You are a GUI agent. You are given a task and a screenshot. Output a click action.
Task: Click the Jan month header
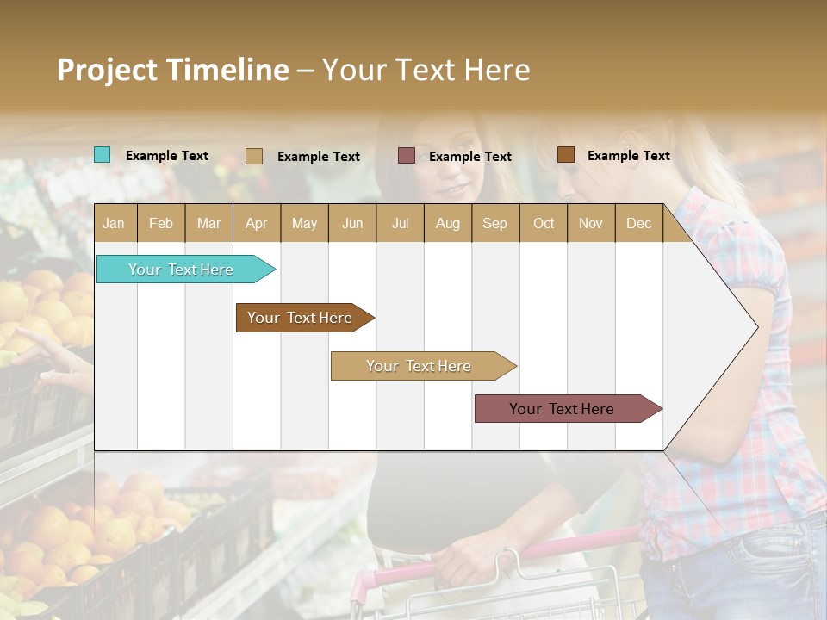pyautogui.click(x=114, y=224)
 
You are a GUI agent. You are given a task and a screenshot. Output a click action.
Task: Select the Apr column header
pyautogui.click(x=257, y=224)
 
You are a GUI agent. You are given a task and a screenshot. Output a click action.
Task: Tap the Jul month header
pyautogui.click(x=400, y=224)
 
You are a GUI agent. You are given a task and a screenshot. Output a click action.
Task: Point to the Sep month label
pyautogui.click(x=494, y=224)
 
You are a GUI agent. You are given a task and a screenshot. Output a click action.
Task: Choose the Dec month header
pyautogui.click(x=638, y=224)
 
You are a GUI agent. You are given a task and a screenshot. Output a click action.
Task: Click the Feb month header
pyautogui.click(x=161, y=224)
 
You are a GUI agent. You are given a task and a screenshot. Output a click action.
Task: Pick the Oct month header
pyautogui.click(x=544, y=224)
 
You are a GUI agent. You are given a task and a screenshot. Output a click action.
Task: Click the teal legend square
pyautogui.click(x=102, y=155)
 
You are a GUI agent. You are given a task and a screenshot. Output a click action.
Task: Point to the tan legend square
pyautogui.click(x=254, y=156)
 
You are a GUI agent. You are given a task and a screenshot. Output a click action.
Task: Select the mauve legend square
pyautogui.click(x=407, y=156)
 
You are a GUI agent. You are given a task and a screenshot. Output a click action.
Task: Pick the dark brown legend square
pyautogui.click(x=566, y=155)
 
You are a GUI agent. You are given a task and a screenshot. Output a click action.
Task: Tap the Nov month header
pyautogui.click(x=591, y=224)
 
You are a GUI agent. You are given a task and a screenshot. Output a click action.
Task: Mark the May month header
pyautogui.click(x=304, y=224)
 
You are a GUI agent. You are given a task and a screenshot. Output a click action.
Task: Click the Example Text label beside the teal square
pyautogui.click(x=167, y=156)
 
